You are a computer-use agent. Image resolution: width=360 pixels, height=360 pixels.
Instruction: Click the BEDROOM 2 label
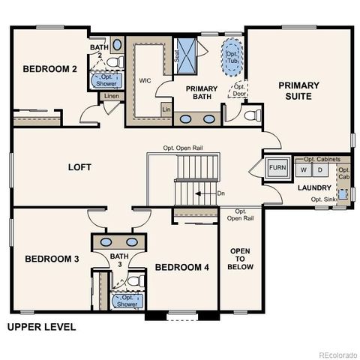50,69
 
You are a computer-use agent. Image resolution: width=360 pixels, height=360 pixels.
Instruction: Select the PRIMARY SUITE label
299,91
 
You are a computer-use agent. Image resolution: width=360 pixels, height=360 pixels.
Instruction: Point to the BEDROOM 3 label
52,259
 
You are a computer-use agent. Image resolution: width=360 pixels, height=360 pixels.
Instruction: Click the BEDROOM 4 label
182,267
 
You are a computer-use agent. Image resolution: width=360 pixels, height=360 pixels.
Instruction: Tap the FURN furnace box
277,167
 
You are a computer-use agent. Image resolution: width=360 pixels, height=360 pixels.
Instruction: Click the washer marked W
304,169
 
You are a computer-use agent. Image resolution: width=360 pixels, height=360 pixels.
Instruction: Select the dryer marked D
319,169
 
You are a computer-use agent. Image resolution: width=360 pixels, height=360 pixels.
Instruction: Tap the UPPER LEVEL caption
41,327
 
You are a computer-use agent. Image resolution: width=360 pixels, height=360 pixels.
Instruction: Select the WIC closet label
145,79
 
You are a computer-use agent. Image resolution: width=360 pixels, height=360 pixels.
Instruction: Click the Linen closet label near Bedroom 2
112,97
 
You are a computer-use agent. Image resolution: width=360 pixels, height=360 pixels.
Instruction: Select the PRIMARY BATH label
201,92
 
